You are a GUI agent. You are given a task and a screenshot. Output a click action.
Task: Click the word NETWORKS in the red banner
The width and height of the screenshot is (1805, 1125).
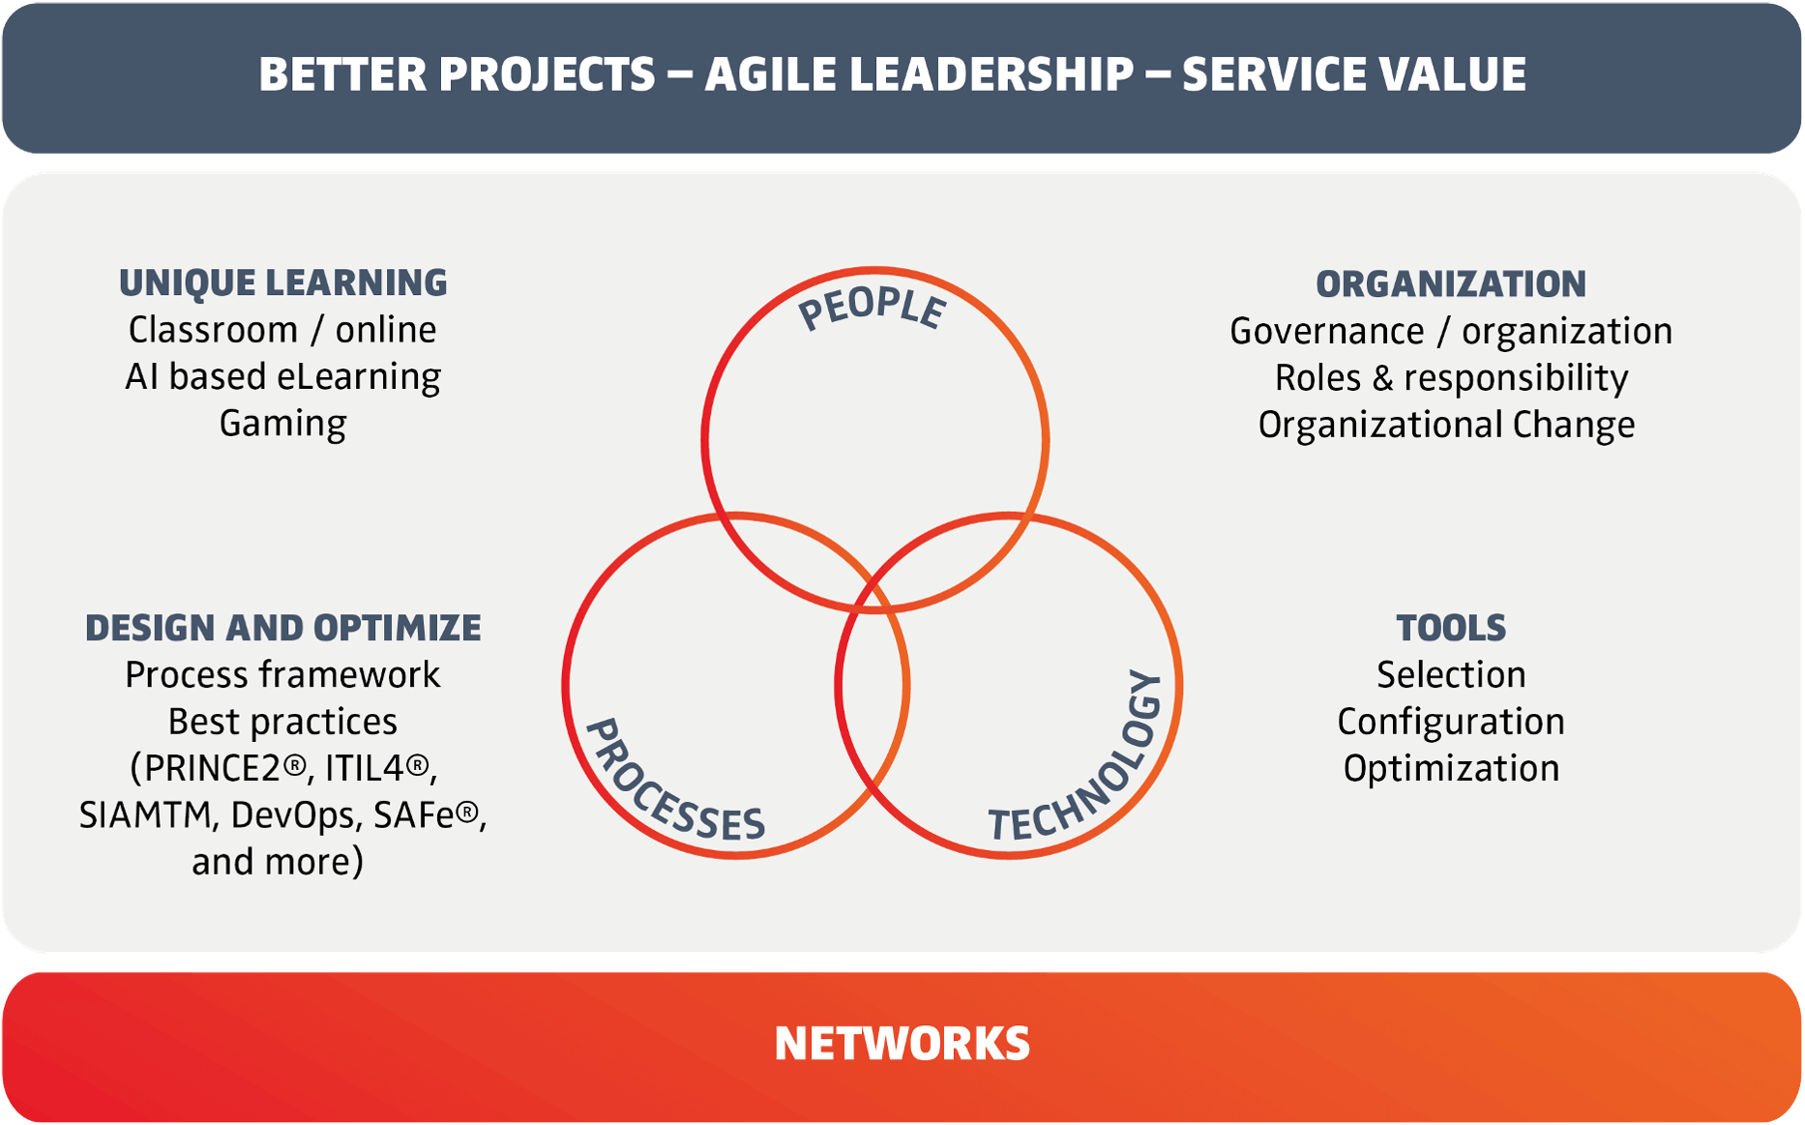point(902,1044)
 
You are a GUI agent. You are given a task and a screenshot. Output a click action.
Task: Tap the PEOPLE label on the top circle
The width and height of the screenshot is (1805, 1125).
point(872,309)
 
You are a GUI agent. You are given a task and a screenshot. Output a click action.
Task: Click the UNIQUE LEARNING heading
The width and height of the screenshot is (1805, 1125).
point(282,283)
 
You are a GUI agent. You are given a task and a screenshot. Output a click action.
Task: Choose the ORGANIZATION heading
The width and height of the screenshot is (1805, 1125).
point(1451,284)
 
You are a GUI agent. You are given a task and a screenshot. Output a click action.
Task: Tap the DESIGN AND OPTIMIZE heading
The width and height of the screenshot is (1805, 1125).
point(282,628)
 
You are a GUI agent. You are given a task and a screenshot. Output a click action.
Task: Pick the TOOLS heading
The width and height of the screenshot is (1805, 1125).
point(1451,628)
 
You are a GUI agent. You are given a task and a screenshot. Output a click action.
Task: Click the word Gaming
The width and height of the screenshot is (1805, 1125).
point(282,425)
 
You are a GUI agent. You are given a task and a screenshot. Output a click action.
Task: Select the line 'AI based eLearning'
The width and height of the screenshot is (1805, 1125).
point(282,377)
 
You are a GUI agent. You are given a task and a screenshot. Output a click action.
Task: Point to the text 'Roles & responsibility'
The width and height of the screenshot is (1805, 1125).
point(1451,378)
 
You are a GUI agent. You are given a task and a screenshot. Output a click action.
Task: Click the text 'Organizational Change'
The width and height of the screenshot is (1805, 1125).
point(1446,426)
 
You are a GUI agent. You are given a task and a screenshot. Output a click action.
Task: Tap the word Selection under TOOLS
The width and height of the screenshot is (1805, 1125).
point(1451,674)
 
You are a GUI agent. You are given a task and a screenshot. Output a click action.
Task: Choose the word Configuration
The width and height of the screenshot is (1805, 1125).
point(1451,722)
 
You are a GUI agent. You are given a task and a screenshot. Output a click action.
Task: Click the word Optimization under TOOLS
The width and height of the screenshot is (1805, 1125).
point(1451,769)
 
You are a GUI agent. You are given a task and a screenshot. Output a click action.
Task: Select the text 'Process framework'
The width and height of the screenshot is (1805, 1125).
point(282,674)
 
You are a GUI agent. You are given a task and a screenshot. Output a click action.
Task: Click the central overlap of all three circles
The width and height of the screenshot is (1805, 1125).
point(873,638)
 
